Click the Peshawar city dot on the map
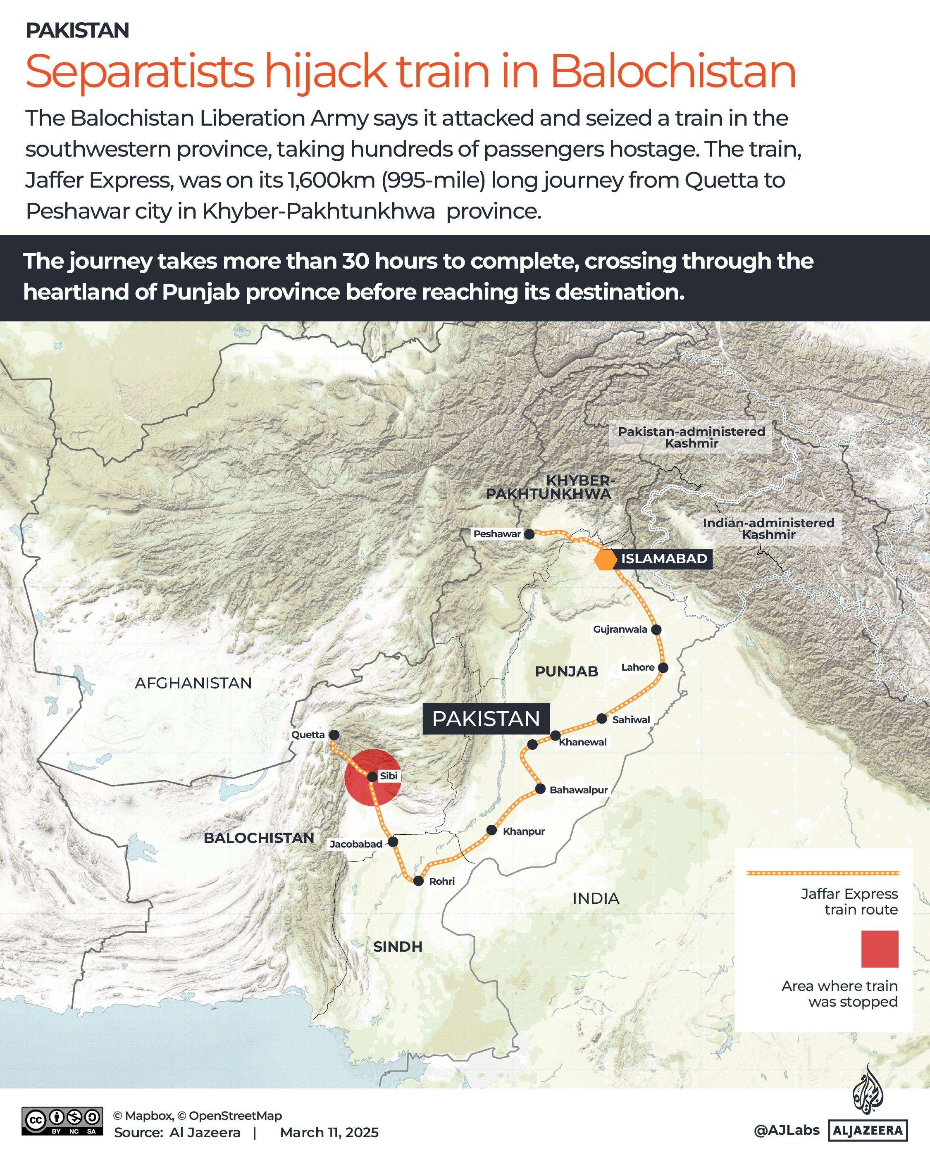tap(529, 534)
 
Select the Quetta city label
tap(308, 735)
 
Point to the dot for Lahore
tap(663, 668)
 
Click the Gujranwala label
tap(620, 629)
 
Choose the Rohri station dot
tap(418, 881)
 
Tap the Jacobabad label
tap(356, 844)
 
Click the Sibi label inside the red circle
tap(388, 776)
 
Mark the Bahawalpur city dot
tap(540, 789)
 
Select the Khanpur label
tap(524, 831)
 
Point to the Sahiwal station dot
tap(602, 719)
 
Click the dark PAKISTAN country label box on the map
tap(486, 719)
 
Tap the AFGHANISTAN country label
tap(193, 683)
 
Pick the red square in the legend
tap(879, 949)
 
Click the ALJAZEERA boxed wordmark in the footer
tap(868, 1130)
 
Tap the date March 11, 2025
tap(329, 1132)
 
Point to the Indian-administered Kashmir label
tap(768, 528)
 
